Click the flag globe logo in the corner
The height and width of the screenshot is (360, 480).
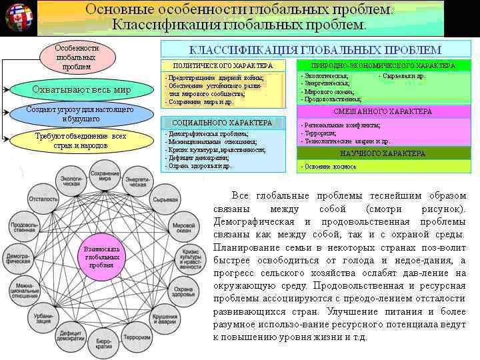pos(18,18)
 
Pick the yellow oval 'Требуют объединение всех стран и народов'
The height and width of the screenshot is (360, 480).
pos(80,140)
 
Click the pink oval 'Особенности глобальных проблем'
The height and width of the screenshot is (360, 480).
pos(77,57)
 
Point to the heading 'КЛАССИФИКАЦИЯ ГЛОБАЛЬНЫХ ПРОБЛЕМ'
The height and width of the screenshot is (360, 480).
pos(315,50)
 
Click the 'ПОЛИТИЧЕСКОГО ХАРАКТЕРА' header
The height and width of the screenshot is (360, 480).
pos(223,66)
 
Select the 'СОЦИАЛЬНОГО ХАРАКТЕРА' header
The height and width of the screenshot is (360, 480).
pos(222,123)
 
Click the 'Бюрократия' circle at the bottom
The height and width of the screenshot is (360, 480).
pos(104,344)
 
